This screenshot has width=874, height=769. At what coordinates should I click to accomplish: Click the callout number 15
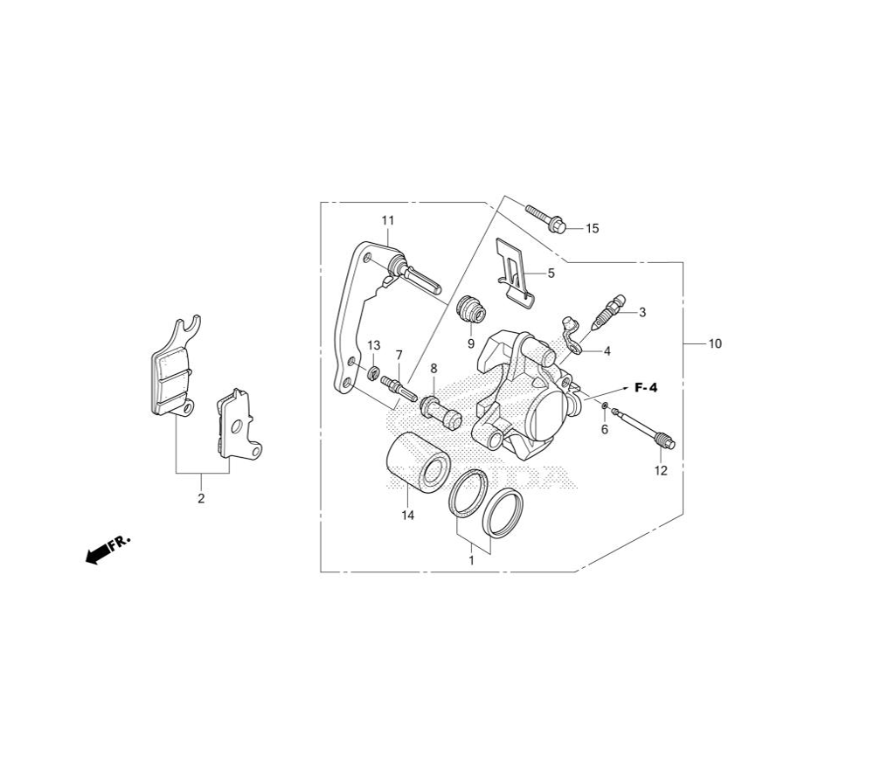[592, 228]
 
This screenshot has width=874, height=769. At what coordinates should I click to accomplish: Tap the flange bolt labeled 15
[545, 219]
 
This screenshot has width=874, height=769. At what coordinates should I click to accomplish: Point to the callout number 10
[715, 343]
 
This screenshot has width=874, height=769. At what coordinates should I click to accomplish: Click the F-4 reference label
[646, 388]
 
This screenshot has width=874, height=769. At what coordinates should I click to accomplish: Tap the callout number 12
[661, 471]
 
